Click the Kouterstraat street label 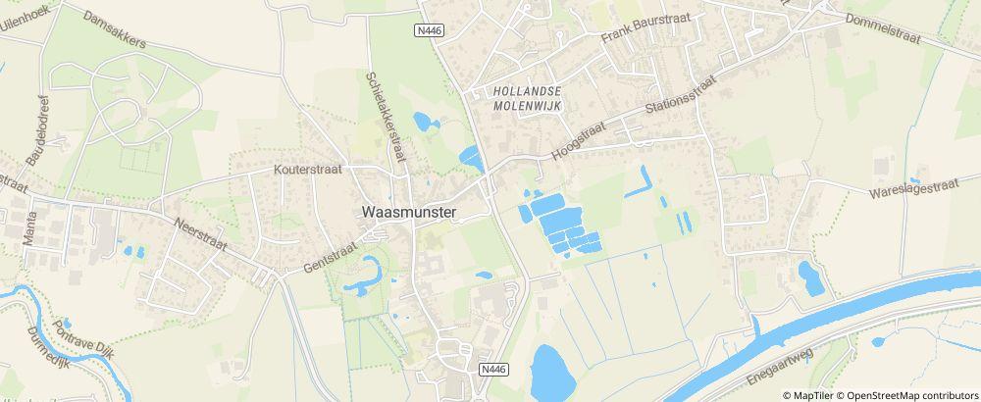pos(310,169)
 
